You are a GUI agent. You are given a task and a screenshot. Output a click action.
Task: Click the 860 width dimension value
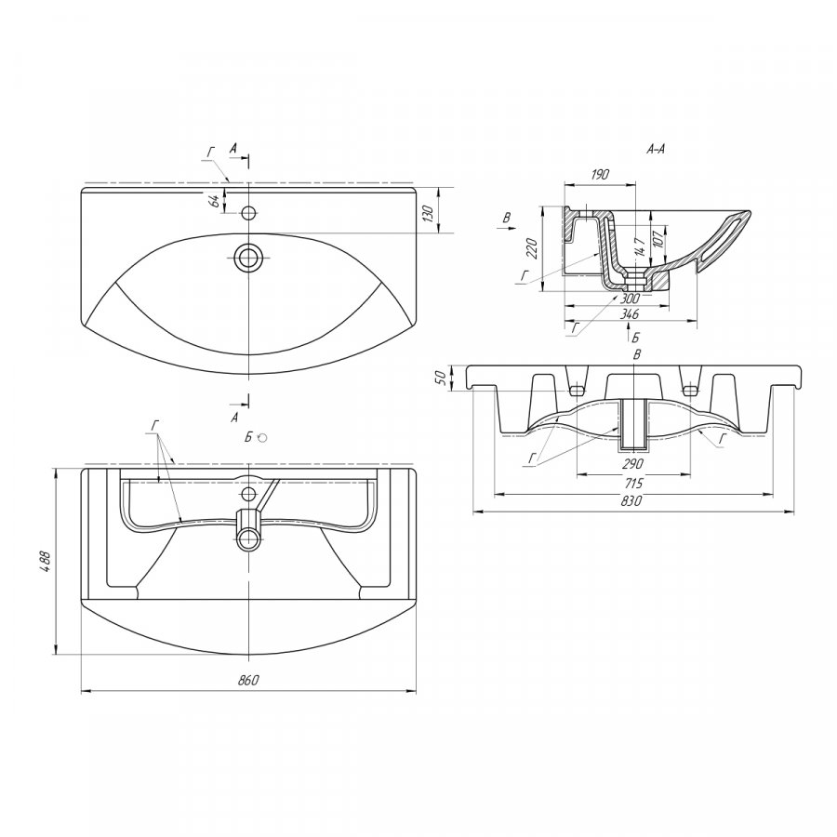247,680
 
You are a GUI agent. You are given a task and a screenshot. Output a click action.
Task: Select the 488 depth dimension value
46,561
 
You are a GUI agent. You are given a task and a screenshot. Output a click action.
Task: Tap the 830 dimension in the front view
632,500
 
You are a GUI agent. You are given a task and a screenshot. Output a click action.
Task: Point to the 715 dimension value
633,483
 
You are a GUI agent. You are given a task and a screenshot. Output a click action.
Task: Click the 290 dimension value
633,463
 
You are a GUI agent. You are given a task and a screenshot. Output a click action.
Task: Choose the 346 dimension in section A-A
630,314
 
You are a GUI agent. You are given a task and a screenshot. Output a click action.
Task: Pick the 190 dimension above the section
600,175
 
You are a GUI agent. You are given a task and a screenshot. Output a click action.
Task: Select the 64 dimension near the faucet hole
214,201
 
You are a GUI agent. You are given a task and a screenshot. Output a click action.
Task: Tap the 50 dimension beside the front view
441,378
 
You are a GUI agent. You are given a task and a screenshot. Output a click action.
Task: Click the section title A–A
656,150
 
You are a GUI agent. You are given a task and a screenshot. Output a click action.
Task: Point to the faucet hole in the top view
248,213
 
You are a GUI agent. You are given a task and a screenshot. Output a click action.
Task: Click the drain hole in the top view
248,258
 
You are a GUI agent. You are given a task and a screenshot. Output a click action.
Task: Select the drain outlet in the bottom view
248,538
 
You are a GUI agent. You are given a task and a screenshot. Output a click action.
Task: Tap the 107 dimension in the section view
658,236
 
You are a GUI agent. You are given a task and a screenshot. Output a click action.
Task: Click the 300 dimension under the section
631,299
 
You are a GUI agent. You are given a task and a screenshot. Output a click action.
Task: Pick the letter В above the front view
636,354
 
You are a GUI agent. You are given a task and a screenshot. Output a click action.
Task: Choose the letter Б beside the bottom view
248,438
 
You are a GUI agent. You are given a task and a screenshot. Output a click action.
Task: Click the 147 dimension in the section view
641,246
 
